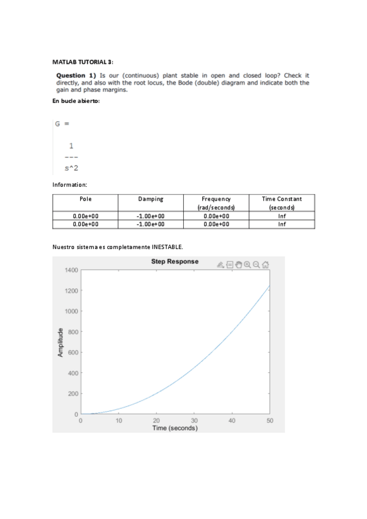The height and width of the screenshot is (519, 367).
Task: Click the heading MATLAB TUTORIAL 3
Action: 83,62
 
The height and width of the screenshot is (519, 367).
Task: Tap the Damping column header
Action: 151,199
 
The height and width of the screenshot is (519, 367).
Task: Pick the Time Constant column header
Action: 282,199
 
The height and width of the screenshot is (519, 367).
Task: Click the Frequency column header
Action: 216,199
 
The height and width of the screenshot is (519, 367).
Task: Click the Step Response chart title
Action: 175,261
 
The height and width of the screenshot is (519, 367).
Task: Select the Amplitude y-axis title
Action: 60,343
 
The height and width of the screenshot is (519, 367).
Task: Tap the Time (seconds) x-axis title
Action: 175,428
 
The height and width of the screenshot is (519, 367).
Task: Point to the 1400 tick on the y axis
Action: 70,270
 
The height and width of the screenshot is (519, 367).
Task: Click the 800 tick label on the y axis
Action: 72,332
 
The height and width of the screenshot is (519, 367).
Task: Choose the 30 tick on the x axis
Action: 194,421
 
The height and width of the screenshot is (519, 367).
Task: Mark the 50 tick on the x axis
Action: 270,421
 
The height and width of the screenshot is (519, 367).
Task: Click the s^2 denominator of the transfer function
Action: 72,169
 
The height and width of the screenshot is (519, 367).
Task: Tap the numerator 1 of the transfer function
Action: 72,146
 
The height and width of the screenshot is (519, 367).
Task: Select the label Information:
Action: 70,184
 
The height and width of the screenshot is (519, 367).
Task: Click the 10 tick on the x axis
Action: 119,421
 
